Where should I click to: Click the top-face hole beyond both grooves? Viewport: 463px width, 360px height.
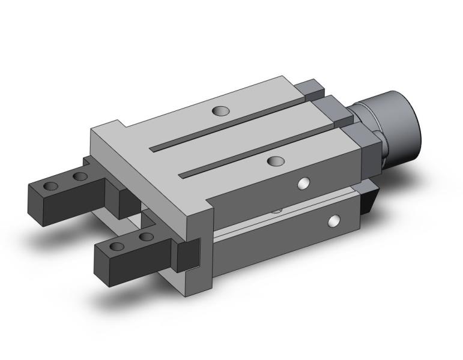tap(221, 110)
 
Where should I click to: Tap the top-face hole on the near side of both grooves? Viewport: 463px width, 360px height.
tap(275, 161)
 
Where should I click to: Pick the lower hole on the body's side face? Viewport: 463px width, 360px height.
tap(332, 222)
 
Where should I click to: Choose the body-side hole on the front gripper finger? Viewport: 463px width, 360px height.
tap(145, 238)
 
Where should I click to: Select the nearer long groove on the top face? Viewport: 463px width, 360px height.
tap(258, 150)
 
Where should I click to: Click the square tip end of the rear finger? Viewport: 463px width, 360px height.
tap(37, 201)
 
